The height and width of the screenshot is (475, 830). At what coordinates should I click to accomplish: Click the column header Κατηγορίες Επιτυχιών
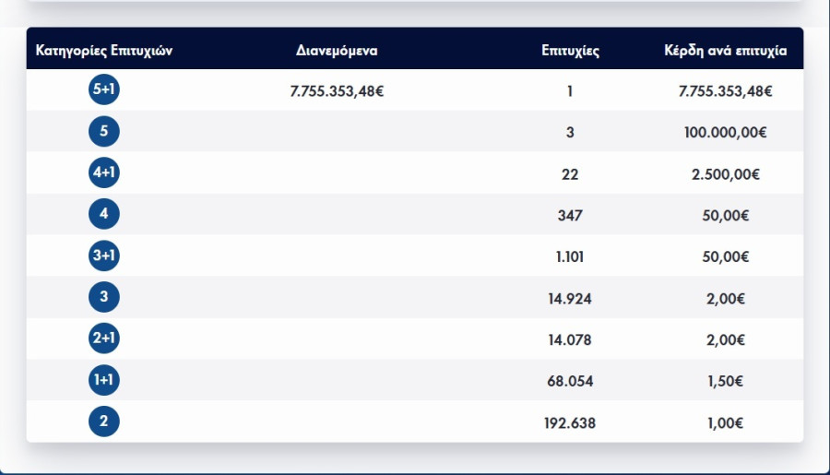[103, 51]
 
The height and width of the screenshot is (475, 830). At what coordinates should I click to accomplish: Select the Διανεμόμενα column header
[337, 51]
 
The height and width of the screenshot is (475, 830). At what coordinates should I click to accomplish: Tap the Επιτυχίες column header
[570, 51]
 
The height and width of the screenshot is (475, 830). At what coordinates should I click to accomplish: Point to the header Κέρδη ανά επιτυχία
[725, 51]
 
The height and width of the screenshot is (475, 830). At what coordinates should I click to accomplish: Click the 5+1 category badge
[103, 90]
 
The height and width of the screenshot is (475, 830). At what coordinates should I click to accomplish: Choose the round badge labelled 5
[103, 132]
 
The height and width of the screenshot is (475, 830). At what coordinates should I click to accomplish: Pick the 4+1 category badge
[103, 173]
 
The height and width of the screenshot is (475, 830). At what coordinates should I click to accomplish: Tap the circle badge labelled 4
[103, 215]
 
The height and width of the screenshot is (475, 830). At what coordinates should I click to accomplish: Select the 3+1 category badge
[103, 256]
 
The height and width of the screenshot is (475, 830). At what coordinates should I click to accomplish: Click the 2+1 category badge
[103, 339]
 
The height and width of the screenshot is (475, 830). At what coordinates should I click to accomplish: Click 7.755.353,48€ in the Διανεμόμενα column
[337, 90]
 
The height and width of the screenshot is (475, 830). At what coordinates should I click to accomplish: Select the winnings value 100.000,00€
[725, 132]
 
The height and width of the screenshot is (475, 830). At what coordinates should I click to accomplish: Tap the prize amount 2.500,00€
[725, 173]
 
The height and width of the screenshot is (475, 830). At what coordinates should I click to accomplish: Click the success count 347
[570, 215]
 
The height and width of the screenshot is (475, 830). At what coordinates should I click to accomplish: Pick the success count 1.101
[570, 256]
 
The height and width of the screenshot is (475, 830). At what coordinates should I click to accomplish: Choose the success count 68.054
[570, 381]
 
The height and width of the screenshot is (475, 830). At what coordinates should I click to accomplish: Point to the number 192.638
[570, 422]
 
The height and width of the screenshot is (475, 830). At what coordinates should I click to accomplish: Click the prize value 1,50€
[725, 381]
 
